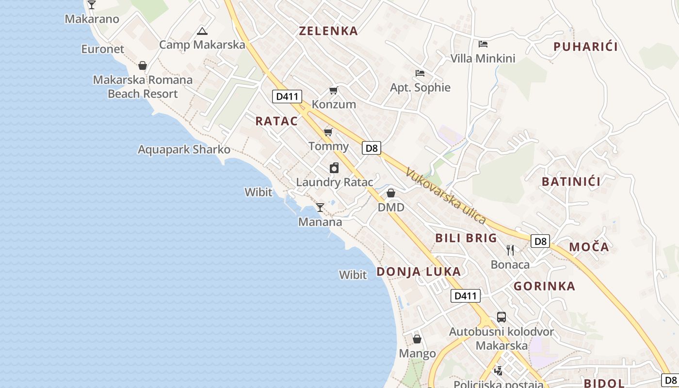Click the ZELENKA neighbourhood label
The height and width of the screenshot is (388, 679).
pos(328,31)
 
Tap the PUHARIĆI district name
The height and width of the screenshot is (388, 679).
pos(585,47)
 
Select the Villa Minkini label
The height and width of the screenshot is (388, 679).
pos(483,59)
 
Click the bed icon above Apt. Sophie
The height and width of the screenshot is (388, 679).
pos(420,73)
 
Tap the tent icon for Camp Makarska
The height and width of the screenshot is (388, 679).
pos(202,32)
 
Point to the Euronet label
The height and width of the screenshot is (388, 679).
pos(103,49)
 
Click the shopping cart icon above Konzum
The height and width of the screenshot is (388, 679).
pos(333,91)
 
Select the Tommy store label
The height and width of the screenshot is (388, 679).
pos(329,146)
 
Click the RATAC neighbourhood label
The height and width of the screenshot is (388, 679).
pos(276,121)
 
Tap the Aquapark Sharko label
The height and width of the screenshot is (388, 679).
pos(184,149)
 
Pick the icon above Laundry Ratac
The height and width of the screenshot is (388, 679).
pos(334,168)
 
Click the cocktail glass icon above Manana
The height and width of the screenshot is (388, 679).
pos(320,208)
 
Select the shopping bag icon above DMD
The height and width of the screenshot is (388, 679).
pos(391,194)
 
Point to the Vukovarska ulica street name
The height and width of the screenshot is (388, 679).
pos(446,196)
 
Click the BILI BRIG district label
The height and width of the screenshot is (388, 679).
pos(466,238)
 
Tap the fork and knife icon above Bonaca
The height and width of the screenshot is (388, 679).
pos(510,250)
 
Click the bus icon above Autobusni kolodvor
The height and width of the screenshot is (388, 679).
pos(501,317)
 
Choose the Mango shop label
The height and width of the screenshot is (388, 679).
pos(417,354)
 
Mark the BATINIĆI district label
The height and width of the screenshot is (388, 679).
pos(571,182)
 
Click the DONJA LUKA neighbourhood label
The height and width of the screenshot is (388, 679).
pos(419,272)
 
